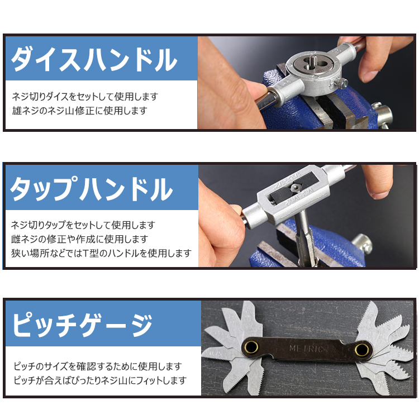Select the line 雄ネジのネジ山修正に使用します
point(79,111)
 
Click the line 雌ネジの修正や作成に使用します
point(79,239)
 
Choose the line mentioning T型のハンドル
point(101,253)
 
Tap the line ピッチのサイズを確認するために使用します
point(98,366)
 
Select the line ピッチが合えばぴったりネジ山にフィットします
point(100,380)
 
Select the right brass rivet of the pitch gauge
point(361,351)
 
